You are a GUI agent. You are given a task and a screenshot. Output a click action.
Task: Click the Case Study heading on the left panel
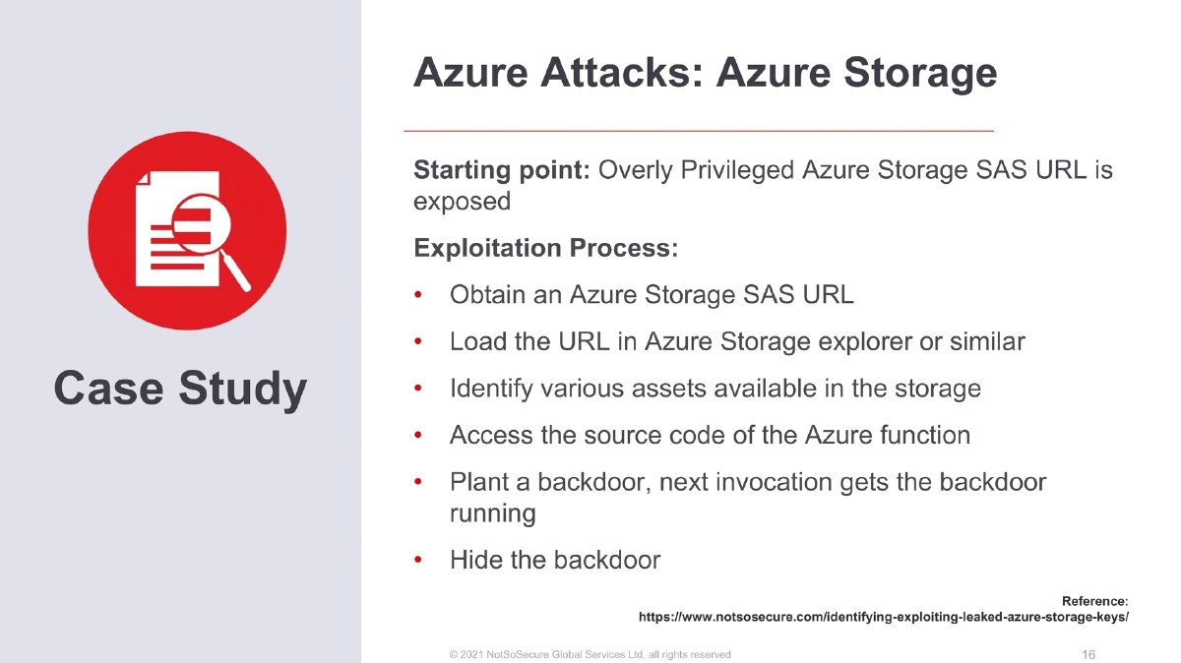[180, 389]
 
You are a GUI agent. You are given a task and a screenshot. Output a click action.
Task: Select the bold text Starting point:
[501, 170]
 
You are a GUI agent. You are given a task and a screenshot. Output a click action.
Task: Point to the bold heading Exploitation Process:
[546, 248]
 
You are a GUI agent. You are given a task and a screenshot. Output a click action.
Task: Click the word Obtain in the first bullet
[483, 295]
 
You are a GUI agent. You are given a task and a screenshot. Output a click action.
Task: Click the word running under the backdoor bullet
[492, 513]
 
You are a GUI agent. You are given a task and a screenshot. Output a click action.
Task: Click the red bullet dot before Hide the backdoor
[418, 561]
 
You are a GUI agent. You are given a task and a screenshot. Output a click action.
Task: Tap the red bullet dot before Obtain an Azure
[418, 295]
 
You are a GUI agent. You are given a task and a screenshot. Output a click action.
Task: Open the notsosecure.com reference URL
[883, 618]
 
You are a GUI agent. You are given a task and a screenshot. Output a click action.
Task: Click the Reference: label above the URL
[1094, 600]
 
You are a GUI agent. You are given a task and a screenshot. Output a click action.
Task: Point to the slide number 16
[1088, 654]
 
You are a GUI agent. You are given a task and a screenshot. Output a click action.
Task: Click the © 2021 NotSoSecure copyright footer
[590, 654]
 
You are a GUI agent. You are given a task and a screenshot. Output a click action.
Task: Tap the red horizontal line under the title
[699, 130]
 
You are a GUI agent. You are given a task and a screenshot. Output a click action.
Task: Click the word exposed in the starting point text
[462, 202]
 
